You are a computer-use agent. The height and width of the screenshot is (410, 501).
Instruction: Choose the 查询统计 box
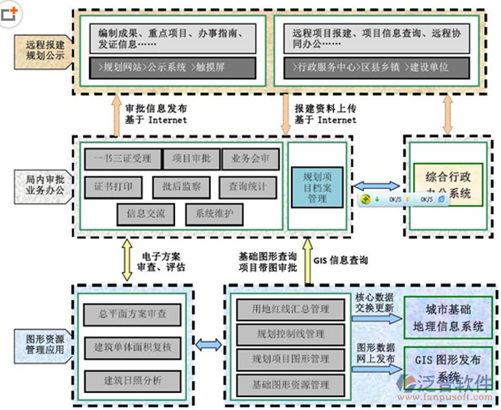[247, 186]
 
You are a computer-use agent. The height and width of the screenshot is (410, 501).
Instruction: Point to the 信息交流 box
[146, 215]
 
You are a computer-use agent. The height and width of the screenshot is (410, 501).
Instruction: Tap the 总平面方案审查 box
[132, 314]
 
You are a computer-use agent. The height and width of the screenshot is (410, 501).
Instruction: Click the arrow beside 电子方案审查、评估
[126, 259]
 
